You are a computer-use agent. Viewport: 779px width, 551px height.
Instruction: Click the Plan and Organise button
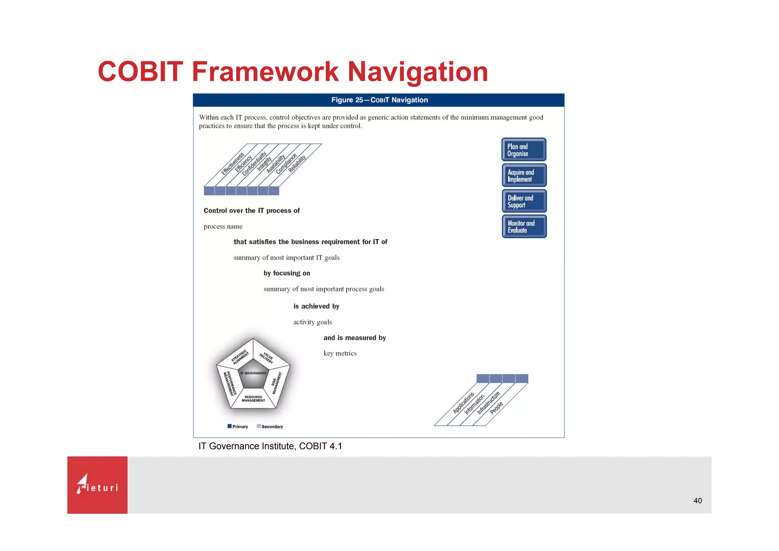click(524, 150)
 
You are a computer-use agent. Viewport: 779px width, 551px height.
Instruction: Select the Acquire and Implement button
click(524, 175)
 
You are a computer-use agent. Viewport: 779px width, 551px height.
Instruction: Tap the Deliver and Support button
click(524, 201)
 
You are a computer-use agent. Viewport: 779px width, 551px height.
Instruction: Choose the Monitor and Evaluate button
click(524, 226)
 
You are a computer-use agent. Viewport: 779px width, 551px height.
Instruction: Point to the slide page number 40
click(697, 501)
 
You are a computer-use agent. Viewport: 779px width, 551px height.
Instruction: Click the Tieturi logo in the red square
click(97, 485)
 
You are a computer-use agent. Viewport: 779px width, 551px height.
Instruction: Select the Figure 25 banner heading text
click(379, 100)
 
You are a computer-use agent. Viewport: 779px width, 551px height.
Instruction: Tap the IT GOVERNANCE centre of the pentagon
click(253, 373)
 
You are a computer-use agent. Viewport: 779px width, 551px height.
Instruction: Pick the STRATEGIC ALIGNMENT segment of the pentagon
click(240, 357)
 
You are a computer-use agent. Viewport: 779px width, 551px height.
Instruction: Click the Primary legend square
click(229, 426)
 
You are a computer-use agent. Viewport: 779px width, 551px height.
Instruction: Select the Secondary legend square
click(259, 426)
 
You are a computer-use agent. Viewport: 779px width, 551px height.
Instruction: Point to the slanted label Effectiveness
click(233, 164)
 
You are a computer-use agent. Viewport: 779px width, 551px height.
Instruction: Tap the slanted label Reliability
click(297, 164)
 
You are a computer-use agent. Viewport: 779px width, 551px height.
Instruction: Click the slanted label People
click(496, 408)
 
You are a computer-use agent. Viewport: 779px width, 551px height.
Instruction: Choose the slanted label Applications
click(463, 403)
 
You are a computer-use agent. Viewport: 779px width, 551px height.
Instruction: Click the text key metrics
click(340, 354)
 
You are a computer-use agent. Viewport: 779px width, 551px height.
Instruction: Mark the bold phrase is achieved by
click(316, 306)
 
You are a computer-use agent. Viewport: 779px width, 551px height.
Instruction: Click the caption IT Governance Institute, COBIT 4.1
click(270, 446)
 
